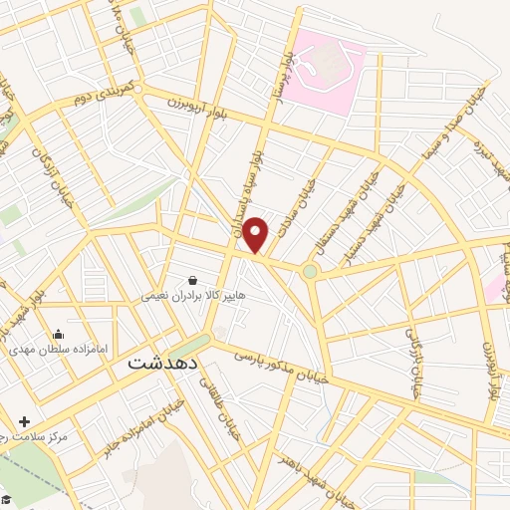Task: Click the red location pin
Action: point(256,234)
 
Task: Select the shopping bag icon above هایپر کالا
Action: point(192,280)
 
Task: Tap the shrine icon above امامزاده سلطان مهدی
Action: point(58,335)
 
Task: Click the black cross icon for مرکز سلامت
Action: point(24,422)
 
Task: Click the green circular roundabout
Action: point(311,271)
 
